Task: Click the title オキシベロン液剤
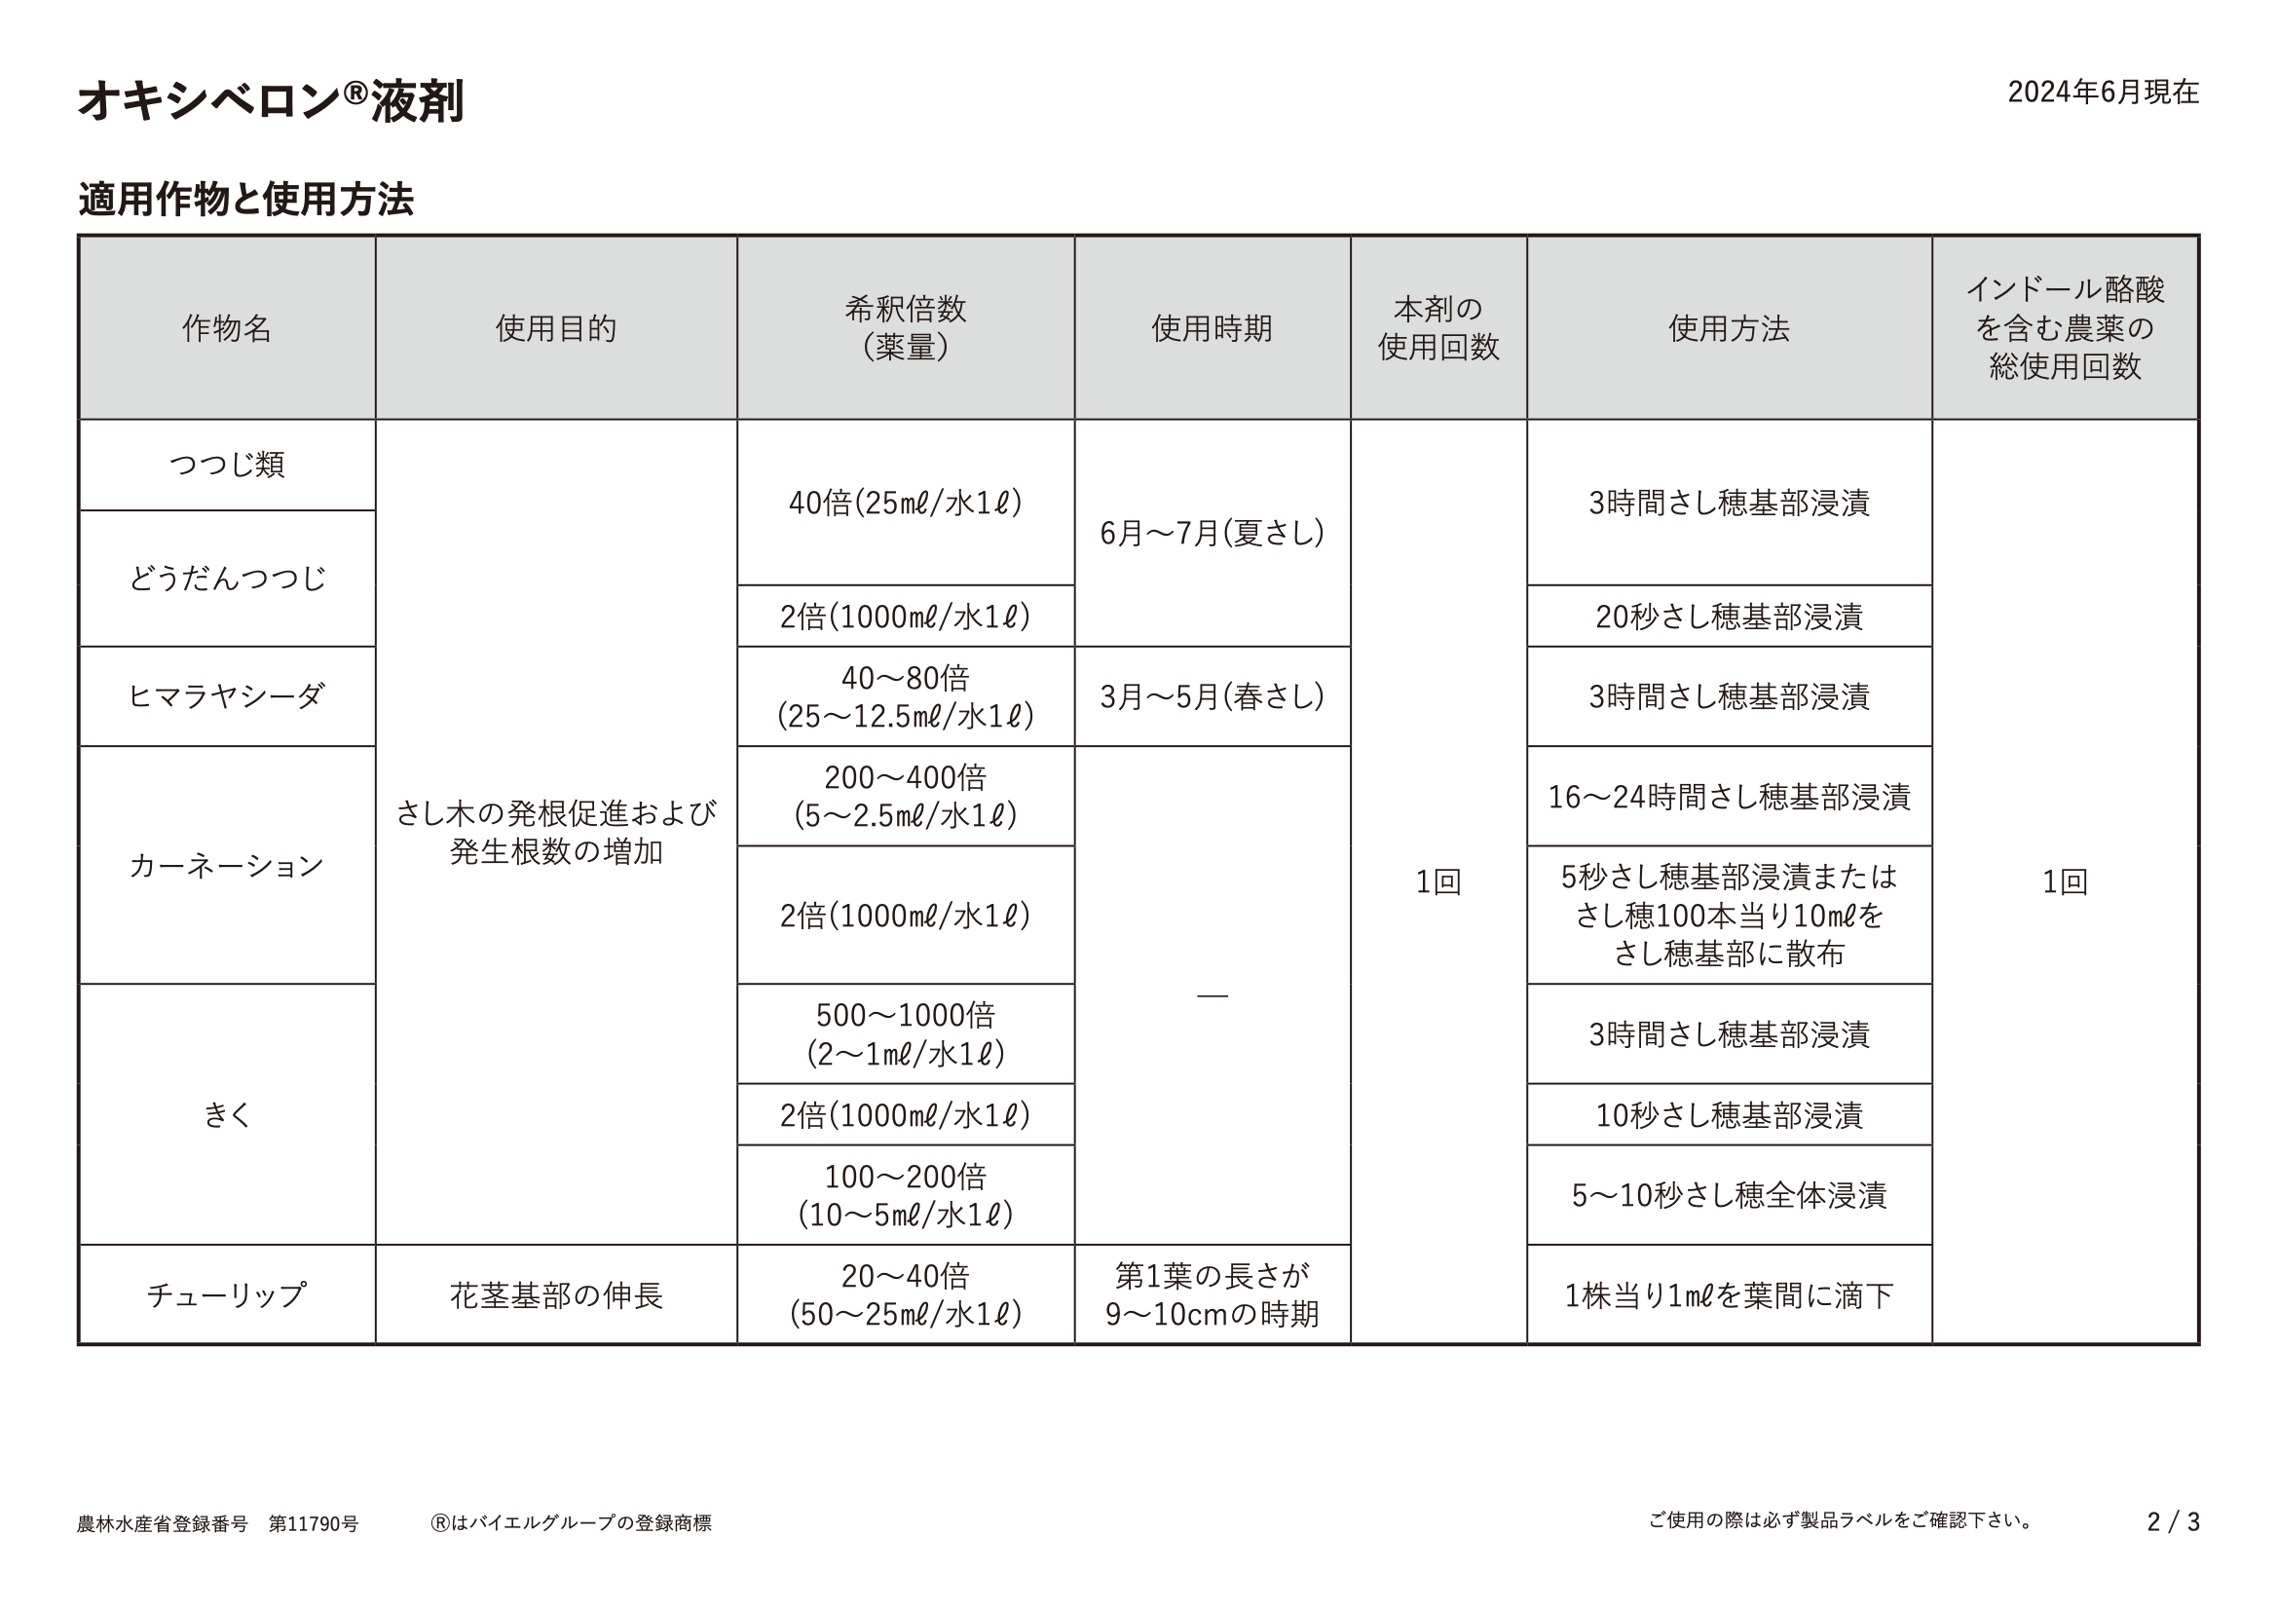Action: (x=270, y=101)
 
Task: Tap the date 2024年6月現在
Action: (x=2103, y=93)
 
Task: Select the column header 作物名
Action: (x=226, y=328)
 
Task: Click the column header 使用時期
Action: (x=1211, y=328)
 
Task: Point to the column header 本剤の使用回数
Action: (x=1437, y=328)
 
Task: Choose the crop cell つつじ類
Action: (x=226, y=465)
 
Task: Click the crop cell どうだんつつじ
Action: (x=226, y=579)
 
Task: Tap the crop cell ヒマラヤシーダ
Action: (x=226, y=696)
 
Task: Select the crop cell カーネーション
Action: (x=226, y=865)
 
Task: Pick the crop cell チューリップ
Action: (x=226, y=1294)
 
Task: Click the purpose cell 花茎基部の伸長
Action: (x=555, y=1294)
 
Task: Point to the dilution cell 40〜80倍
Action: (x=905, y=696)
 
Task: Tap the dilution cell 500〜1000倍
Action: (x=905, y=1033)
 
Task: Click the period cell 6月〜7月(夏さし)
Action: (x=1211, y=534)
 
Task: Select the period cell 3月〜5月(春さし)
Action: (x=1211, y=696)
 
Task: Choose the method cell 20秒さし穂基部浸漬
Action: (x=1728, y=617)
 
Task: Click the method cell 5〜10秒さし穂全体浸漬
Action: (x=1728, y=1195)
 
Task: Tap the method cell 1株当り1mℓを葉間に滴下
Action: (x=1728, y=1294)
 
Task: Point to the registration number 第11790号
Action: (x=314, y=1522)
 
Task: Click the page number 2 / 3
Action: (x=2173, y=1521)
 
